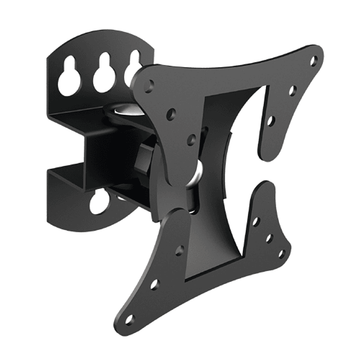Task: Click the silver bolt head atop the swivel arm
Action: (x=121, y=107)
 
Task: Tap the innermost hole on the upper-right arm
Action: (x=271, y=120)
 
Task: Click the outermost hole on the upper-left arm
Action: (x=149, y=85)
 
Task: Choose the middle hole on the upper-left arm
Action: (x=171, y=112)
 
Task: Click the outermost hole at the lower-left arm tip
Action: (x=129, y=319)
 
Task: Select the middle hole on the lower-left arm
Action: (x=154, y=285)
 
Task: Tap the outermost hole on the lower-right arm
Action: (x=281, y=253)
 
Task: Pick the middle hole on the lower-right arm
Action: (x=269, y=238)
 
